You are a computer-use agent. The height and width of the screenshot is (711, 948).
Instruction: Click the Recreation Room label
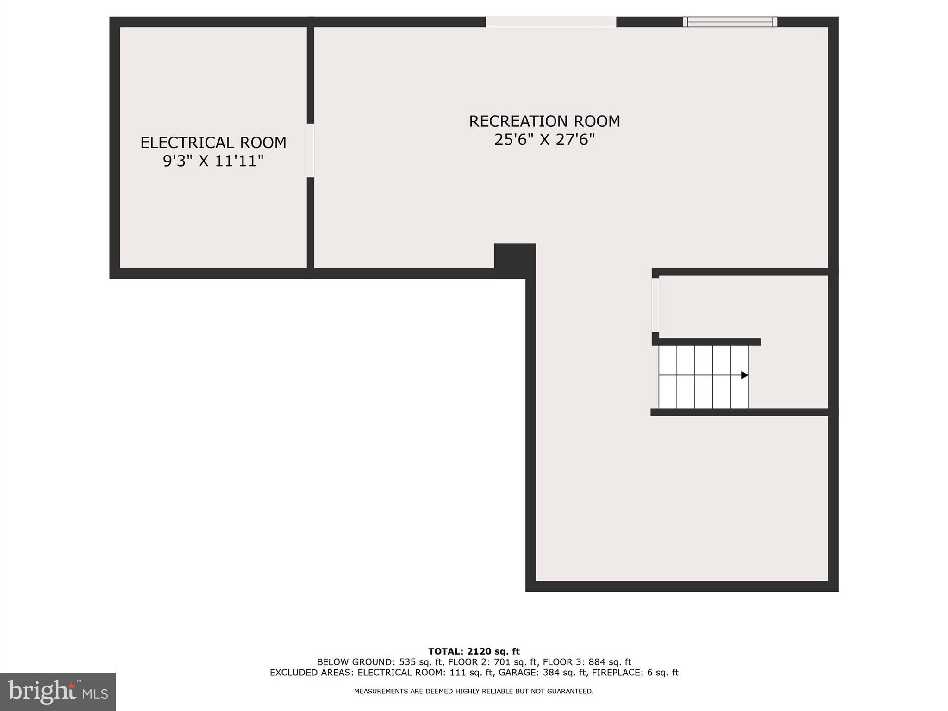[x=544, y=121]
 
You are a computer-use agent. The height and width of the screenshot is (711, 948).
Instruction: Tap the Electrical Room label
[x=213, y=143]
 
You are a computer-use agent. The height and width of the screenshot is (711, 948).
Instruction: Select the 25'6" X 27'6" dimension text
[x=544, y=140]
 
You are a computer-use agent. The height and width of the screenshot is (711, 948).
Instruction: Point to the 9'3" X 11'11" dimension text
[x=213, y=161]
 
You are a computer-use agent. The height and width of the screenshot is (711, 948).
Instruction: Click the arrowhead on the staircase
[x=744, y=375]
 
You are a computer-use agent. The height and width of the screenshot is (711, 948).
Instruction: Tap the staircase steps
[x=703, y=377]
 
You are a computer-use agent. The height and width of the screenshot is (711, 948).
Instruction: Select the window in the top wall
[x=730, y=22]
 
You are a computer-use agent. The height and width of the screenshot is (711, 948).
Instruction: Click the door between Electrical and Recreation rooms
[x=311, y=150]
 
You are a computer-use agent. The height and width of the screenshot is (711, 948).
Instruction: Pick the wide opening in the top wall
[x=551, y=22]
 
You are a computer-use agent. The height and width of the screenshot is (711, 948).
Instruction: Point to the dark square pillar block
[x=515, y=260]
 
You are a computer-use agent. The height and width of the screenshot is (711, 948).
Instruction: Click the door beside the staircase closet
[x=655, y=305]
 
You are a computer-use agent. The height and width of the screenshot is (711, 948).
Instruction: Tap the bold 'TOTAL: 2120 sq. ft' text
[x=474, y=652]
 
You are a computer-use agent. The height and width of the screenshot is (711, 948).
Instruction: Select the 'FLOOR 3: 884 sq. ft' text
[x=587, y=662]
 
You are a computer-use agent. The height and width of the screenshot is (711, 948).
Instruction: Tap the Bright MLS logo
[x=58, y=692]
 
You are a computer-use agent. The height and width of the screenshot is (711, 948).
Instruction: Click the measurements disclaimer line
[x=474, y=692]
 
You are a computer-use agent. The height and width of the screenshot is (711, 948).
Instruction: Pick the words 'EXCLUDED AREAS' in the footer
[x=312, y=673]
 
